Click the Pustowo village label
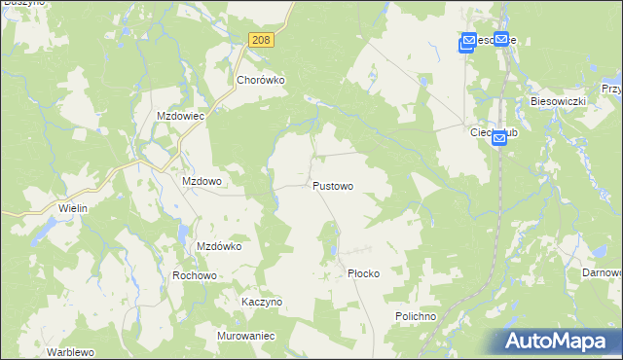coord(332,186)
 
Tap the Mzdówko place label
coord(219,246)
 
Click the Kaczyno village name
coord(261,302)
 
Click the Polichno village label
coord(417,317)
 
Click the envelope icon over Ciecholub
coord(498,139)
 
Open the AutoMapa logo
coord(554,341)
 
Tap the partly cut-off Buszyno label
coord(18,4)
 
